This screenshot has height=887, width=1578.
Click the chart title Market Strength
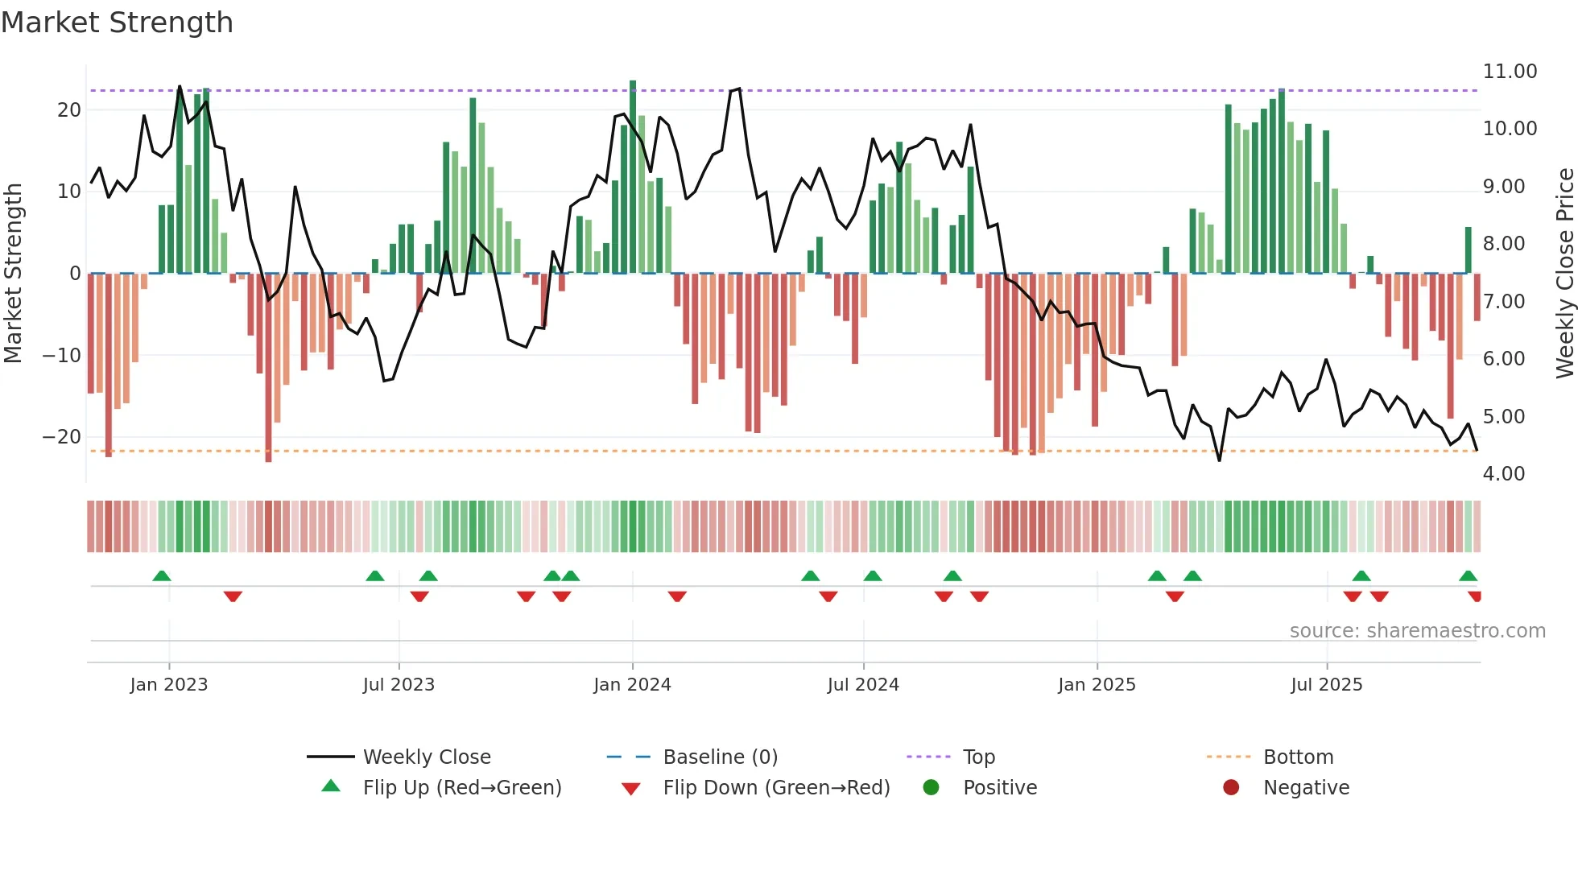pyautogui.click(x=117, y=23)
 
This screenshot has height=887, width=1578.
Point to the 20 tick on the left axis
pyautogui.click(x=69, y=110)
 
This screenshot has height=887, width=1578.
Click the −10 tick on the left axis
pyautogui.click(x=62, y=356)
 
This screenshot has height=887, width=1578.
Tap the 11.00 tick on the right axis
pyautogui.click(x=1510, y=72)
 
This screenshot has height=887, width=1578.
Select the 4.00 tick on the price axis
pyautogui.click(x=1503, y=474)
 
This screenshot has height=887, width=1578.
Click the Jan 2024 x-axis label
pyautogui.click(x=632, y=685)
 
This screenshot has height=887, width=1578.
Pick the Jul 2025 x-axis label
pyautogui.click(x=1326, y=685)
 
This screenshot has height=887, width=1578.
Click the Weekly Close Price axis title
pyautogui.click(x=1564, y=274)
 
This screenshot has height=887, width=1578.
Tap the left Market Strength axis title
pyautogui.click(x=14, y=274)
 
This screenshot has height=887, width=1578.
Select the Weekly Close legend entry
pyautogui.click(x=426, y=757)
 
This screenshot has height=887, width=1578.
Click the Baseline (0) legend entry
pyautogui.click(x=720, y=757)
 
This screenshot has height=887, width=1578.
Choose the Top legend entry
pyautogui.click(x=978, y=757)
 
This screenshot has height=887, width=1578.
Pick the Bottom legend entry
pyautogui.click(x=1298, y=757)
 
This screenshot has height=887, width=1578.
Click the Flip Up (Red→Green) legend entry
pyautogui.click(x=461, y=788)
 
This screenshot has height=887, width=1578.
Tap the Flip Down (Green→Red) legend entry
pyautogui.click(x=776, y=788)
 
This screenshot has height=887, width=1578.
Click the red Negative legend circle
pyautogui.click(x=1231, y=788)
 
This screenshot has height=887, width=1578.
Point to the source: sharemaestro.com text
pyautogui.click(x=1417, y=631)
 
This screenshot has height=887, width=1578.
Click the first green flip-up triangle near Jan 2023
pyautogui.click(x=162, y=576)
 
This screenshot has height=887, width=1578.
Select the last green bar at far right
pyautogui.click(x=1468, y=250)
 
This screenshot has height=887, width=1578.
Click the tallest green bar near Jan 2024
pyautogui.click(x=633, y=177)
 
